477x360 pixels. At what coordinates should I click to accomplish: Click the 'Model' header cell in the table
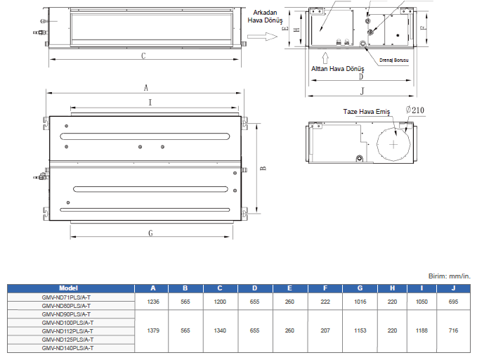click(x=68, y=288)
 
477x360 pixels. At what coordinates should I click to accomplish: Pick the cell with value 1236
click(x=154, y=302)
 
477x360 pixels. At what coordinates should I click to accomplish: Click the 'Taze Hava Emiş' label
click(x=366, y=112)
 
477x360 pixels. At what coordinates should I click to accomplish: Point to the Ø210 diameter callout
click(x=415, y=110)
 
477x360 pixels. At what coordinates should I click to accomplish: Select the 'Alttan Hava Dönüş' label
click(x=338, y=69)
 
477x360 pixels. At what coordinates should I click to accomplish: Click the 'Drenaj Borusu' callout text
click(x=394, y=60)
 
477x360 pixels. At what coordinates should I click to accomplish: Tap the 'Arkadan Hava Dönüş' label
click(x=264, y=17)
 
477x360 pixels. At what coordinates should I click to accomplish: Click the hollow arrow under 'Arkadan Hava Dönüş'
click(x=267, y=36)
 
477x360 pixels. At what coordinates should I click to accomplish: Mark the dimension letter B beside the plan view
click(x=262, y=169)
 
